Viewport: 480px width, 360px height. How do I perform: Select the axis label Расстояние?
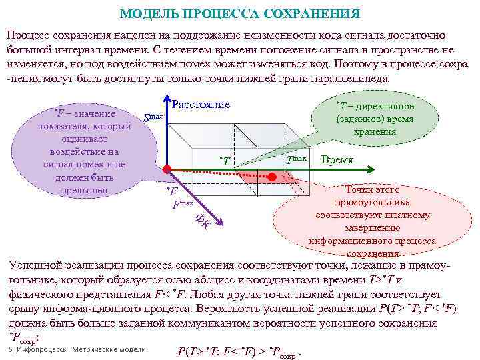[x=201, y=105]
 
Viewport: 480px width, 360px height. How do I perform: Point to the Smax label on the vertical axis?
[x=153, y=118]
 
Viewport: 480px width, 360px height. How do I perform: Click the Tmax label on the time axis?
[x=296, y=159]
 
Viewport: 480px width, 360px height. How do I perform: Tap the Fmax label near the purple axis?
[x=182, y=204]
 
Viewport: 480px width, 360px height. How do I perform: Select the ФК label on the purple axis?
[x=203, y=221]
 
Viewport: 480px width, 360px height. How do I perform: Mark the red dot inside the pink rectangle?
[x=272, y=177]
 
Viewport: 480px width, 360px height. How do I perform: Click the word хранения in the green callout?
[x=376, y=131]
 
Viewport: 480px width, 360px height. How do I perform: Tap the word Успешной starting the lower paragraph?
[x=33, y=265]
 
